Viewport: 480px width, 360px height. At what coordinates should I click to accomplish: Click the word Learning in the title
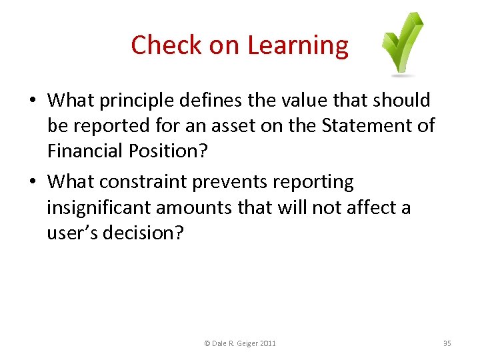297,45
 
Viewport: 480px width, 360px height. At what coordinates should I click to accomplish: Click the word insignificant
99,207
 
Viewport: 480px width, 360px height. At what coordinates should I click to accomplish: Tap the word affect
363,207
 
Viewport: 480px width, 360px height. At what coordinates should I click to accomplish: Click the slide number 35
447,343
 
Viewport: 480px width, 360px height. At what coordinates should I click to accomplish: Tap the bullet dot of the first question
32,101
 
